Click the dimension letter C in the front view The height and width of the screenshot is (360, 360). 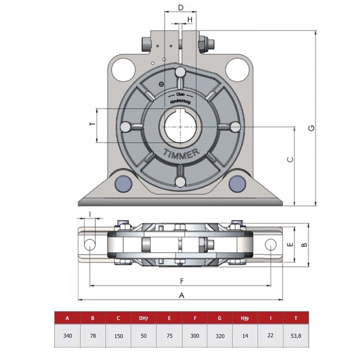pos(290,160)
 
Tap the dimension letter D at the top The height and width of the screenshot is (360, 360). pos(181,7)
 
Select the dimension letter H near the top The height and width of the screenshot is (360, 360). pos(190,20)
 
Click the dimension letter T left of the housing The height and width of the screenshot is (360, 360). pos(91,125)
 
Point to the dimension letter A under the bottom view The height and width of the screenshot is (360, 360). pos(181,296)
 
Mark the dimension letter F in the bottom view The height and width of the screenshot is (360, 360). pos(181,280)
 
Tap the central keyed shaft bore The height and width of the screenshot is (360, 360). pos(180,127)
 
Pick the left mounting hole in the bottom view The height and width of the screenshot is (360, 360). pos(89,244)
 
